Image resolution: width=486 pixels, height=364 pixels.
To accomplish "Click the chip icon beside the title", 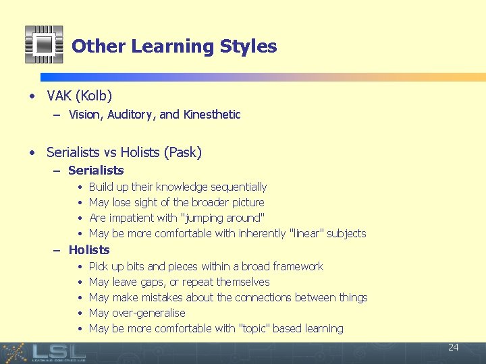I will point(44,44).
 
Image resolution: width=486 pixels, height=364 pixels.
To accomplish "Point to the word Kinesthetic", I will point(212,115).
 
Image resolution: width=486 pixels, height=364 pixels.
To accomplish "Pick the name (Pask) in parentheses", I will point(182,152).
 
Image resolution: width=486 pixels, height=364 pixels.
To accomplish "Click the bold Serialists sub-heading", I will point(96,171).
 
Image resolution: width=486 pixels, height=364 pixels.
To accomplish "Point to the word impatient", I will point(130,218).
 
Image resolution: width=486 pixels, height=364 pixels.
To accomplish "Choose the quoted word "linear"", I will point(306,233).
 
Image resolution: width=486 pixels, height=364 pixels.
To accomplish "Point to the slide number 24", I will point(453,347).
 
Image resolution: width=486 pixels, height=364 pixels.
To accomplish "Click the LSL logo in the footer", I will point(59,352).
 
